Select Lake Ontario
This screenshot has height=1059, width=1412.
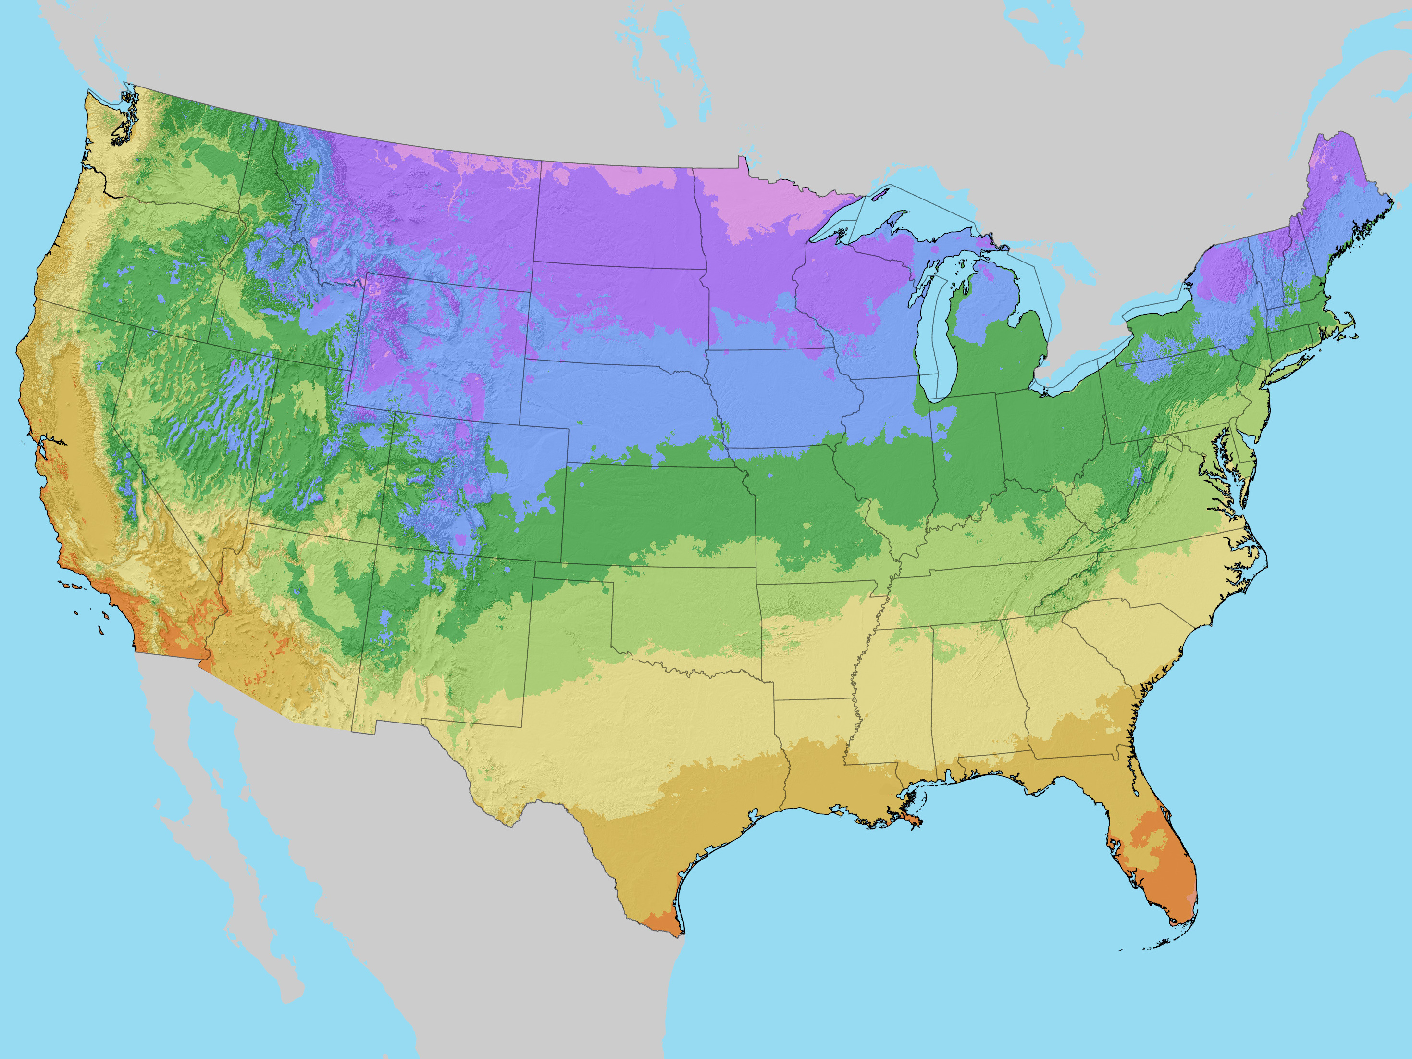pyautogui.click(x=1155, y=300)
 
